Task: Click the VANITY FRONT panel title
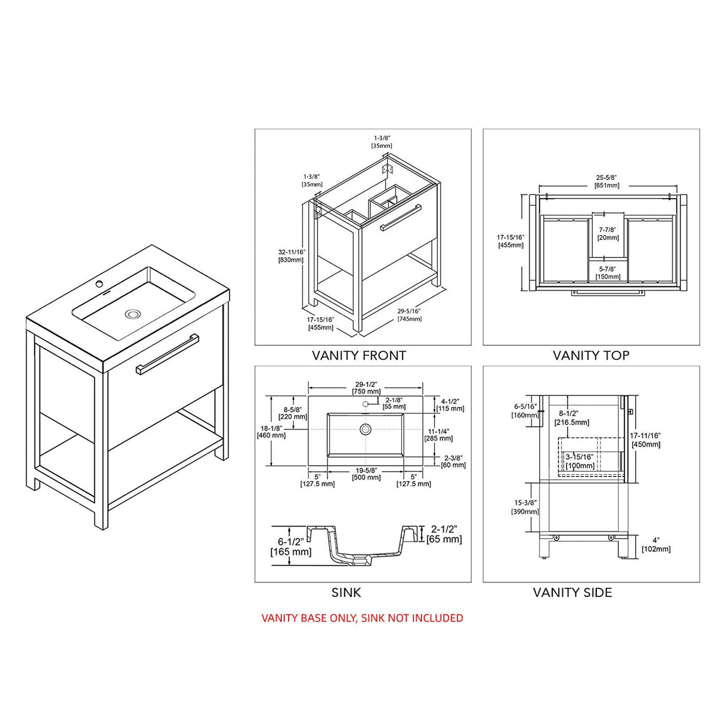359,355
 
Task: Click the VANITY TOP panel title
590,355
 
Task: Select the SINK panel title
346,592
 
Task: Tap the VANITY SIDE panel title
572,592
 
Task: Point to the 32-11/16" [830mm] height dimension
291,256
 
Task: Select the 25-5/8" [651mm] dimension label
607,181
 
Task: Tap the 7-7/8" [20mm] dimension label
608,233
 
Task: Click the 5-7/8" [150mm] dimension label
608,273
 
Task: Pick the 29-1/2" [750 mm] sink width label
366,388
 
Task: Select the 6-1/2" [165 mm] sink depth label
291,546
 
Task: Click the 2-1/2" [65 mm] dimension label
444,534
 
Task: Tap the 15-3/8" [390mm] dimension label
525,508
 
